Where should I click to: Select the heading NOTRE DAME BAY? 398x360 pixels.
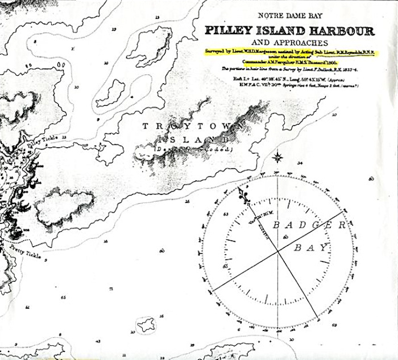290,18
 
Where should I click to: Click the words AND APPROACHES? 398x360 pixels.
291,43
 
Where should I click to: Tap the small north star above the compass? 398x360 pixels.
278,157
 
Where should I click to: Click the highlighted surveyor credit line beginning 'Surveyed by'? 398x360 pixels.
292,52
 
